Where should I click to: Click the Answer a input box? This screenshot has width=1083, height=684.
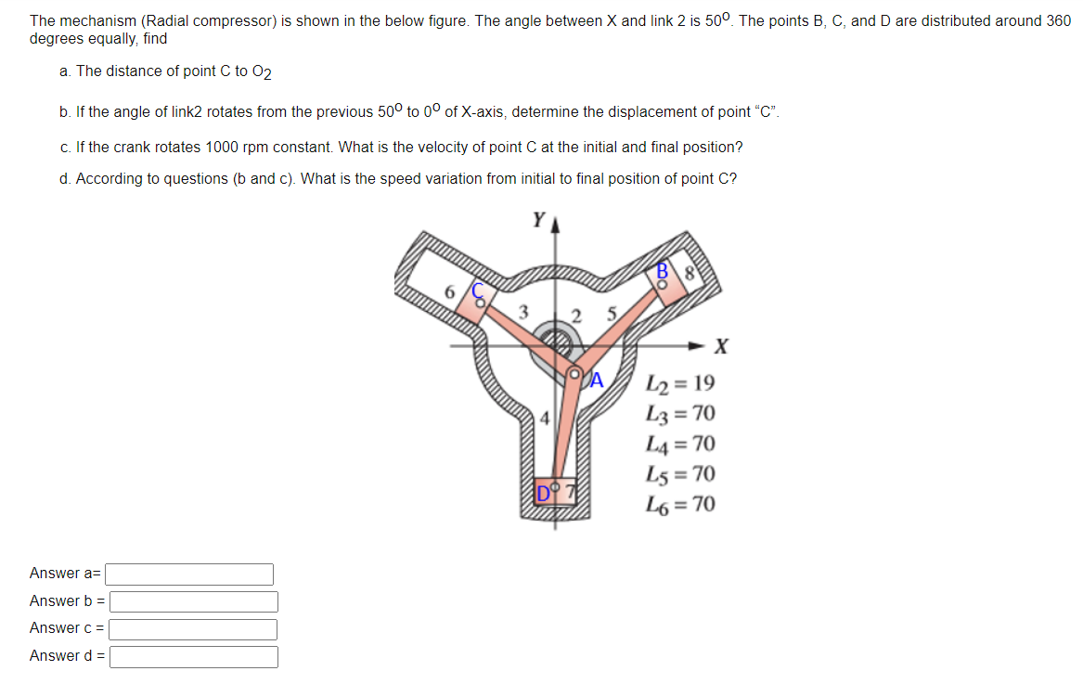click(190, 574)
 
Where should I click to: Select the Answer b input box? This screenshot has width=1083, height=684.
click(193, 601)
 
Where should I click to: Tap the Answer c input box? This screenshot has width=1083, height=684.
click(193, 629)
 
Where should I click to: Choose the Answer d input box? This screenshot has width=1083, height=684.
click(193, 657)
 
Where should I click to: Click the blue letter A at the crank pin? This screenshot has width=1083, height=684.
click(597, 379)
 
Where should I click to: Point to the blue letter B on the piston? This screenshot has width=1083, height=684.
click(663, 271)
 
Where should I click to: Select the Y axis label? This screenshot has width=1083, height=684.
click(538, 220)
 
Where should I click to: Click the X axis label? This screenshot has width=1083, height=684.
click(721, 348)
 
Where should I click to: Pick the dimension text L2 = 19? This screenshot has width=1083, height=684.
click(680, 383)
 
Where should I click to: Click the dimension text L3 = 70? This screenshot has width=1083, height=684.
click(680, 414)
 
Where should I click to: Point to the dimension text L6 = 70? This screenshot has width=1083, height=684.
click(680, 505)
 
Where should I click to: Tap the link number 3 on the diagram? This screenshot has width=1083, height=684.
click(523, 312)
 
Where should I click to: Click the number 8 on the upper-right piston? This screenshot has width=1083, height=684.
click(690, 273)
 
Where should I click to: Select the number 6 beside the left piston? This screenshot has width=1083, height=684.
click(451, 291)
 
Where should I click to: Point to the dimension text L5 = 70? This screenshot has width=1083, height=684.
click(680, 474)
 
